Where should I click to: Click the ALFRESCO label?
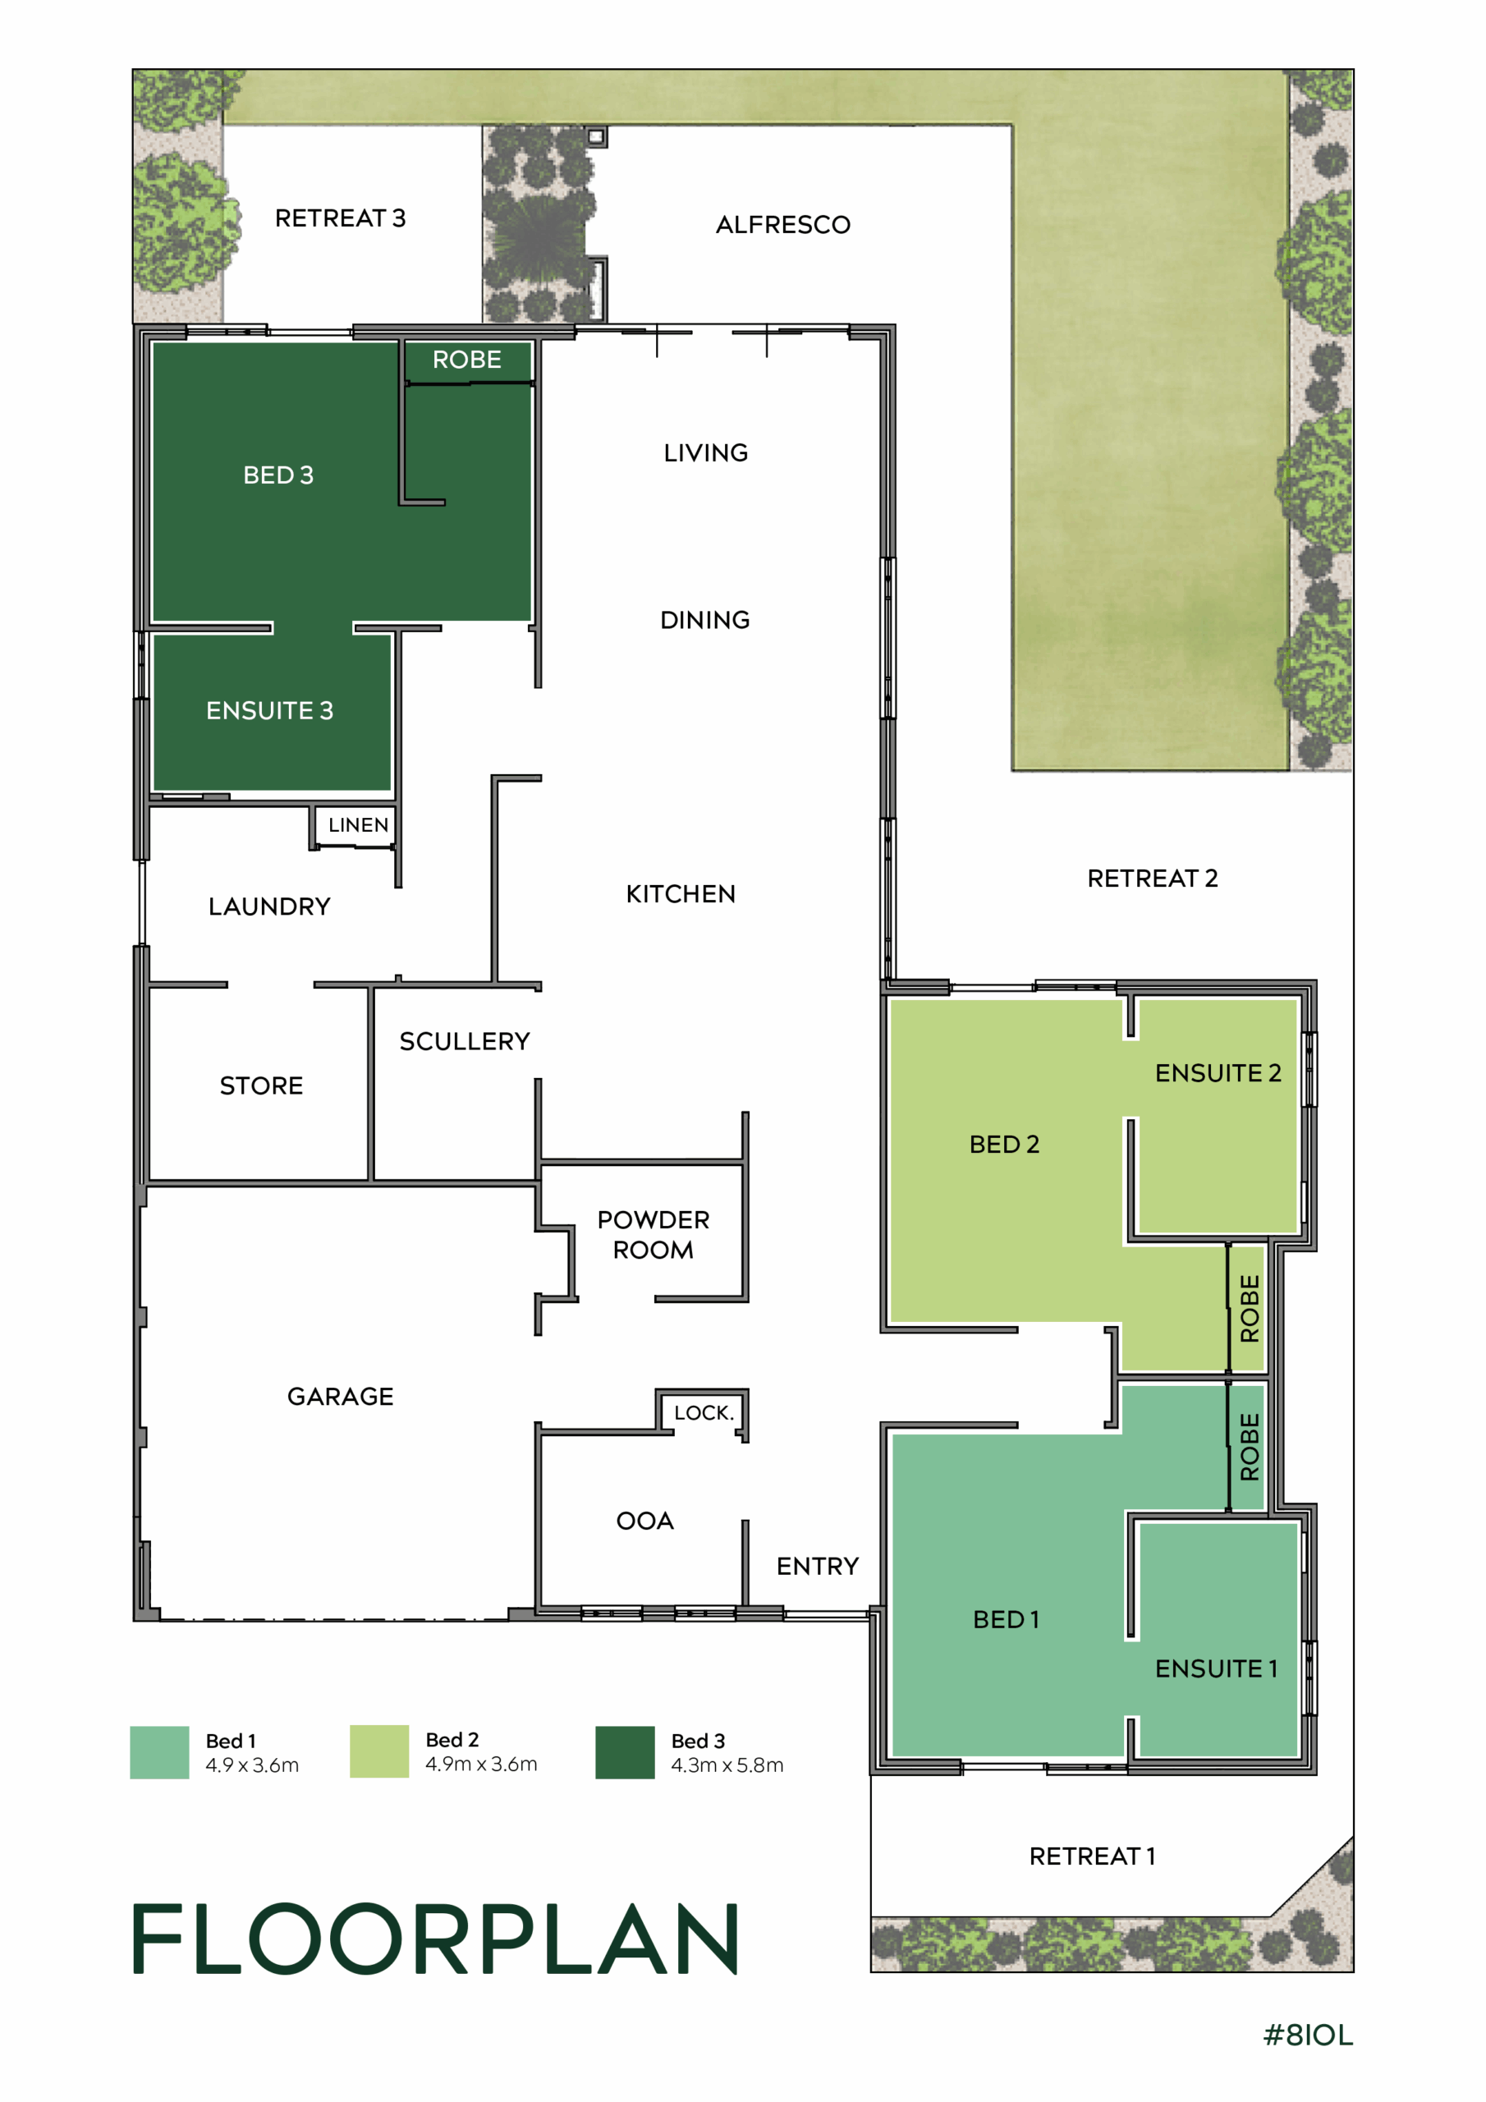click(783, 224)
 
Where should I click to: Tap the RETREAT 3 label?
click(340, 218)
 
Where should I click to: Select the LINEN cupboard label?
click(358, 825)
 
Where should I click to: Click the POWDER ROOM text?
click(653, 1234)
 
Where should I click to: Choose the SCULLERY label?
click(464, 1041)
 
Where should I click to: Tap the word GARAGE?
click(341, 1396)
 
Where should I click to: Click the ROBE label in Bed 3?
click(467, 360)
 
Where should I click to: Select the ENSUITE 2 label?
click(1218, 1073)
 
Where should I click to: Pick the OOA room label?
click(644, 1521)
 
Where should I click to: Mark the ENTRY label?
click(818, 1567)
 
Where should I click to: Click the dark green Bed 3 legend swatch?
click(626, 1752)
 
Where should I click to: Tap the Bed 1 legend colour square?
click(159, 1752)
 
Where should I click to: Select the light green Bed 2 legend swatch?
click(379, 1751)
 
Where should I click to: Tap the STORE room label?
click(261, 1085)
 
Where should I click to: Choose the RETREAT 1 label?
click(1092, 1856)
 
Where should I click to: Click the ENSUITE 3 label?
click(269, 710)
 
